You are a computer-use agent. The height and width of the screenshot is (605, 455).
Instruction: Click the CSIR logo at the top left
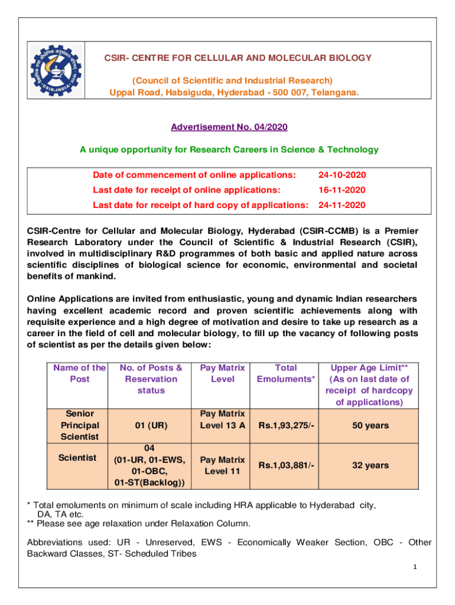pos(56,70)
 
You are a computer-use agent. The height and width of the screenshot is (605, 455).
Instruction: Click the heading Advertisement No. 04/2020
pos(229,127)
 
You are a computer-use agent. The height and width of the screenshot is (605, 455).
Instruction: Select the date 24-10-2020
pos(342,175)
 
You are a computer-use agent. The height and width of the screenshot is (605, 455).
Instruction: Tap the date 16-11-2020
pos(342,190)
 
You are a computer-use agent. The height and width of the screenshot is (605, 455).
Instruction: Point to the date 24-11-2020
pos(342,205)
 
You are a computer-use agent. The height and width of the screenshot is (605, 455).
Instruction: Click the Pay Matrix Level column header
pos(222,373)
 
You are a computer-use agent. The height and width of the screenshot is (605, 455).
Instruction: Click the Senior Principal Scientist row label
pos(80,425)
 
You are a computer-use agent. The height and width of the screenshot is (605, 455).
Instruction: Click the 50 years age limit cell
pos(370,425)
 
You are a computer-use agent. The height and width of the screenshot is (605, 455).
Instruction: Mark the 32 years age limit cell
pos(370,466)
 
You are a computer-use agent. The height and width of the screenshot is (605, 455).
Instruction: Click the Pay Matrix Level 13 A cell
pos(222,419)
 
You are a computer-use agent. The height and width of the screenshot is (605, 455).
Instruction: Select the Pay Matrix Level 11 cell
pos(222,466)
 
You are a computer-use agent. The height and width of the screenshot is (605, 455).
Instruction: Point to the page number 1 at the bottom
pos(415,568)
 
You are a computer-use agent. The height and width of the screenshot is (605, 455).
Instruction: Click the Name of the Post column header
pos(80,373)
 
